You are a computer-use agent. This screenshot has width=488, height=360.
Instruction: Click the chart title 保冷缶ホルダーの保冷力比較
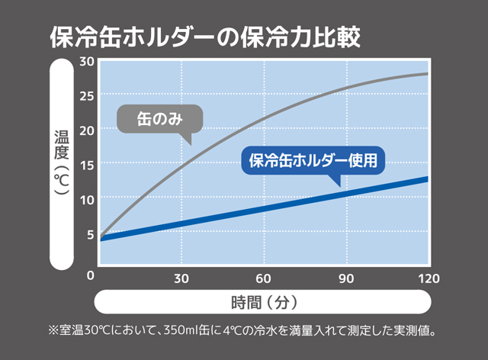pos(204,36)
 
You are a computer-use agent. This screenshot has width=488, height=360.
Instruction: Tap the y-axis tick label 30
pos(86,61)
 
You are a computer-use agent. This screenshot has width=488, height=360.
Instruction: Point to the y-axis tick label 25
pos(86,95)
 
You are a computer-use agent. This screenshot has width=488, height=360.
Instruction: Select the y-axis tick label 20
pos(86,130)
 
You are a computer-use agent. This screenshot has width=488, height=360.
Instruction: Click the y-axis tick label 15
pos(86,164)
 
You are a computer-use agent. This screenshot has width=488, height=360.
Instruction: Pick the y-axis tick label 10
pos(86,199)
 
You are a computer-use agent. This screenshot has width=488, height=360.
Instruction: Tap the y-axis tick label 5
pos(90,234)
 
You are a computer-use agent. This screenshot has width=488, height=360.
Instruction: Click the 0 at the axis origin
pos(90,275)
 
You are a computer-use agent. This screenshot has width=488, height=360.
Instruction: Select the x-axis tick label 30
pos(181,276)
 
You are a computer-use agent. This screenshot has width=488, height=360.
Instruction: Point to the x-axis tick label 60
pos(264,276)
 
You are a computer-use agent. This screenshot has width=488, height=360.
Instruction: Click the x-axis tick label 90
pos(346,276)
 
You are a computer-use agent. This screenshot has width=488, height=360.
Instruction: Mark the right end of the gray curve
pos(428,74)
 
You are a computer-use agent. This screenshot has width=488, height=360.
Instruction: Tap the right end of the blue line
pos(428,179)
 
